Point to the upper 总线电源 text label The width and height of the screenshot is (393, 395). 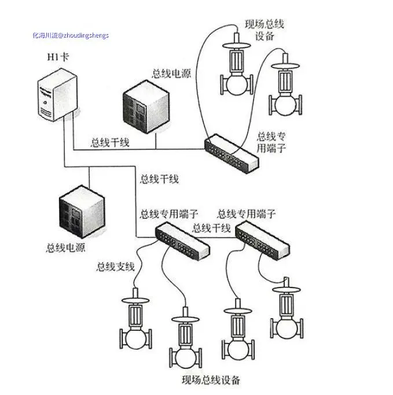click(x=170, y=73)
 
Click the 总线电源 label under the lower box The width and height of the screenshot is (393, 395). click(x=65, y=248)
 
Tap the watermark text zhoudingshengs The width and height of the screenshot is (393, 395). click(x=71, y=35)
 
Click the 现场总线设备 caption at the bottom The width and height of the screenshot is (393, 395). click(x=211, y=380)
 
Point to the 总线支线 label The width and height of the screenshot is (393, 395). click(x=115, y=267)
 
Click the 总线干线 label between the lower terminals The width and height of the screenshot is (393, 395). click(x=211, y=227)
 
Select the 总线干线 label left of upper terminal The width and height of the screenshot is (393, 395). click(x=110, y=142)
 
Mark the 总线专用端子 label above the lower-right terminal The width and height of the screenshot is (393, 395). click(x=246, y=214)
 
